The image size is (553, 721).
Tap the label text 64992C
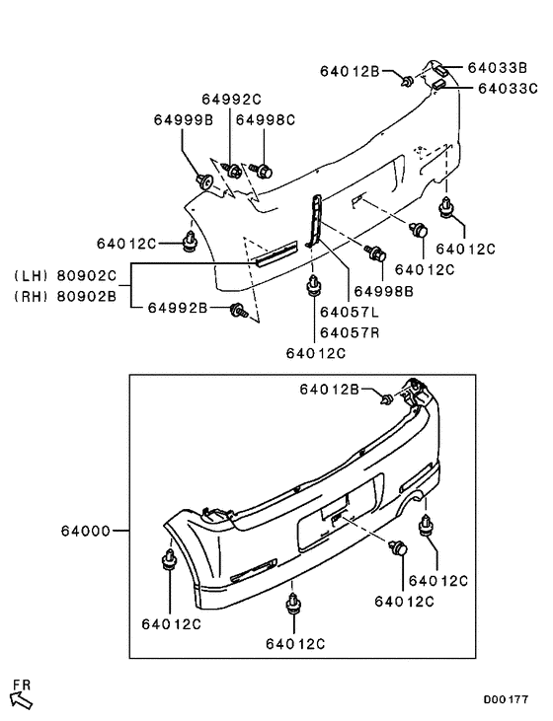point(232,99)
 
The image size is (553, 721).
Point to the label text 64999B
point(183,119)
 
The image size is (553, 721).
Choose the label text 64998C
point(265,119)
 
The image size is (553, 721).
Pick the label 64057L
point(349,312)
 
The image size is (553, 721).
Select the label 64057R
point(349,332)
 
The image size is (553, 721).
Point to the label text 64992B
point(178,309)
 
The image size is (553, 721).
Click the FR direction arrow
point(21,699)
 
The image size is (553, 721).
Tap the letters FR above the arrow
point(22,683)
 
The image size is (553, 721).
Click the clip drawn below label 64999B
point(205,181)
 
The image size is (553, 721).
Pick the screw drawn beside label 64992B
point(237,311)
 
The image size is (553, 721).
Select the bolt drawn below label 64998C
point(263,171)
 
